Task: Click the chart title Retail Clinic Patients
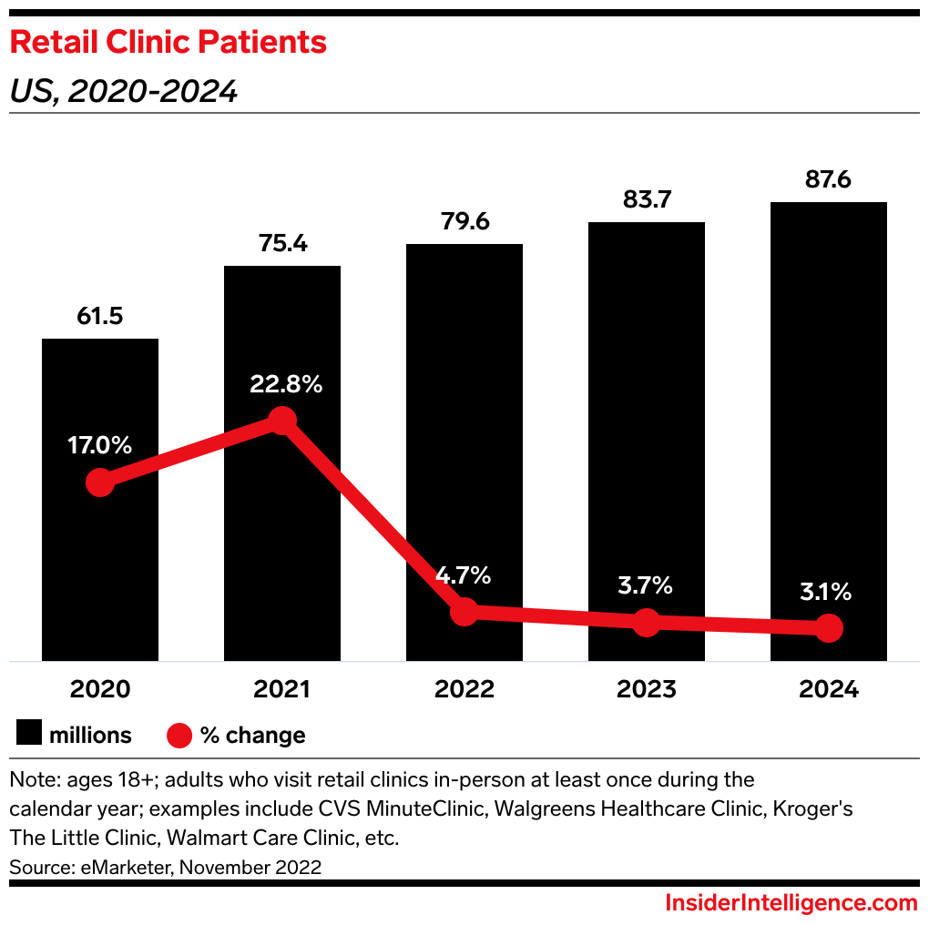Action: click(168, 42)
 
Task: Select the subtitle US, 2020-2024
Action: click(124, 91)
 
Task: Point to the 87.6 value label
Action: click(828, 180)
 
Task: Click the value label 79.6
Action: click(464, 222)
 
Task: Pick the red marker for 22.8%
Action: click(282, 421)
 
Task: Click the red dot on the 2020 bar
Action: click(100, 483)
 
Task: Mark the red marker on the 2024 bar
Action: click(828, 627)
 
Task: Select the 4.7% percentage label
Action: click(464, 575)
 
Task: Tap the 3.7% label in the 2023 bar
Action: click(646, 585)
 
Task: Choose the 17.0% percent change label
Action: click(100, 446)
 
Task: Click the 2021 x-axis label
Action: click(282, 689)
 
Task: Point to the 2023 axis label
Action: click(646, 689)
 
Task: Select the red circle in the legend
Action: click(179, 735)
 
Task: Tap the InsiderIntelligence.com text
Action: click(791, 903)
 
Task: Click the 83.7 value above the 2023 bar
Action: click(646, 201)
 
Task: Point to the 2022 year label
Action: click(464, 689)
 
